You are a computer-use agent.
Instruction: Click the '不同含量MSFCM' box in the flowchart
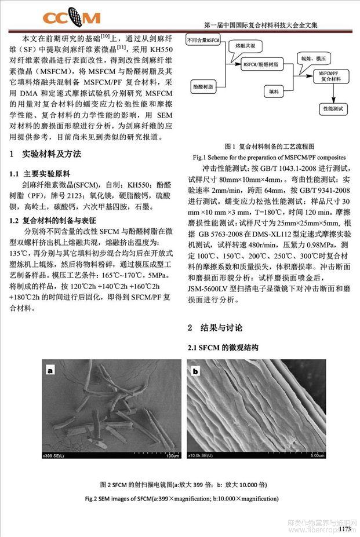tap(202, 41)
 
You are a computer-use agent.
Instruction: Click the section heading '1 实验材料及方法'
tap(46, 155)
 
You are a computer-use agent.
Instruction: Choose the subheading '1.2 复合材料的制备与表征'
tap(56, 221)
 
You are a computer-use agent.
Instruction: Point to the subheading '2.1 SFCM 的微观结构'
tap(222, 348)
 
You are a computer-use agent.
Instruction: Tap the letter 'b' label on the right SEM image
tap(195, 371)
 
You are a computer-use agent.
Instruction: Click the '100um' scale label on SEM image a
tap(171, 456)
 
